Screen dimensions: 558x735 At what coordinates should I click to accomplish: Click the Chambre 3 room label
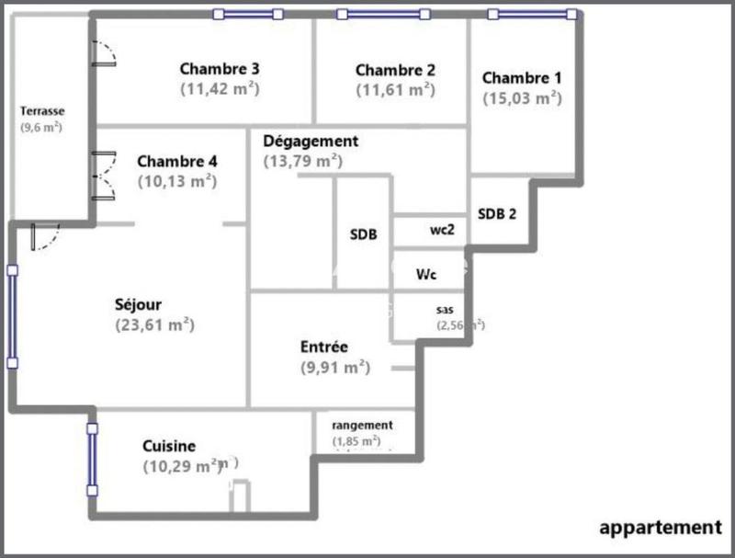tap(220, 68)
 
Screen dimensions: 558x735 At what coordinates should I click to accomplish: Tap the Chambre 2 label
tap(395, 70)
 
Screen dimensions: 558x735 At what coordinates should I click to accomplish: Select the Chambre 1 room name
tap(522, 77)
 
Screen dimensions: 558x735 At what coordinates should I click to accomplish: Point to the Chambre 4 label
tap(177, 161)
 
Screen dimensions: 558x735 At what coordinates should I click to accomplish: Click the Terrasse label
tap(42, 111)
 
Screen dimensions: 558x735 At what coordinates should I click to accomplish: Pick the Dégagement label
tap(311, 141)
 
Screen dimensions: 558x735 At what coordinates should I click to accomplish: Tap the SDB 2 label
tap(497, 213)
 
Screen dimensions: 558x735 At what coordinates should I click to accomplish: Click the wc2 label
tap(442, 230)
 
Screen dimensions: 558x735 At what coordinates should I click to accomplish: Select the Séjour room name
tap(139, 304)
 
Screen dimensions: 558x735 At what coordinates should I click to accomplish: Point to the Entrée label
tap(323, 347)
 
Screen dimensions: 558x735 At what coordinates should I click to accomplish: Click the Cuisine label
tap(169, 446)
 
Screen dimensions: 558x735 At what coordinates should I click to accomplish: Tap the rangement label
tap(362, 425)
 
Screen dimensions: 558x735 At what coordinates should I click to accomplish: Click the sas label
tap(445, 309)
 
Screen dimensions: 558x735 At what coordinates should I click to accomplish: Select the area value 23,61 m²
tap(155, 325)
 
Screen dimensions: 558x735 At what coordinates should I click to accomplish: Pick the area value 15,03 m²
tap(522, 97)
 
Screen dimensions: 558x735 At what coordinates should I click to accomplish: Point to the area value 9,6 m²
tap(41, 128)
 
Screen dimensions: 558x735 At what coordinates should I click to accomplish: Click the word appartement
tap(661, 527)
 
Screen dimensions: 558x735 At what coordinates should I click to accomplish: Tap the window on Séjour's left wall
tap(12, 316)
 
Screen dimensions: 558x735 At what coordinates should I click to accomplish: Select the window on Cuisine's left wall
tap(92, 459)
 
